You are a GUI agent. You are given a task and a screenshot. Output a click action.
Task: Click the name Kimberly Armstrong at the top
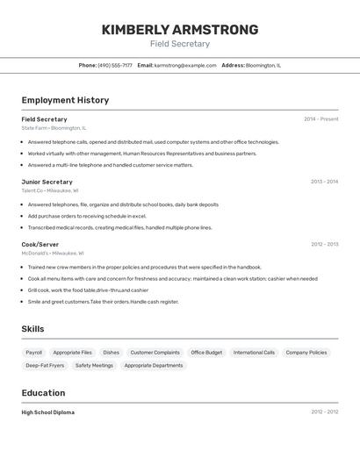[x=180, y=30]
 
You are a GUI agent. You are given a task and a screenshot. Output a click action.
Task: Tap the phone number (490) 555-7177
[x=115, y=65]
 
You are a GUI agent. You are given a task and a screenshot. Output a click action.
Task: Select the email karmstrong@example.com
[x=185, y=65]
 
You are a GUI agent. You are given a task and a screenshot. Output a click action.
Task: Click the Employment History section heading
[x=65, y=100]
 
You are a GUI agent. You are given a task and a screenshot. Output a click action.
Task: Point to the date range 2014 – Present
[x=320, y=119]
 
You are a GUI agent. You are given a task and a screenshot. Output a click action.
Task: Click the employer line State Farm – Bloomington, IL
[x=54, y=128]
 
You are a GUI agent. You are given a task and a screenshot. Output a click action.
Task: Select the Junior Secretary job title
[x=47, y=182]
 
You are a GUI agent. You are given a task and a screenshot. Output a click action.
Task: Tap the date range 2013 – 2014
[x=324, y=182]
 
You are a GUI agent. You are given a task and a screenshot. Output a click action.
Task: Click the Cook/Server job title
[x=40, y=245]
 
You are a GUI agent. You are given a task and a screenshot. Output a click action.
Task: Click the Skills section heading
[x=32, y=329]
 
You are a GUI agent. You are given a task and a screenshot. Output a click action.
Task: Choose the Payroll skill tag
[x=34, y=352]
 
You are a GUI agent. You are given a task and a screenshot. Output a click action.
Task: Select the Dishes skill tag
[x=112, y=352]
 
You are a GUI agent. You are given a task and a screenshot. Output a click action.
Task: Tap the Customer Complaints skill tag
[x=155, y=352]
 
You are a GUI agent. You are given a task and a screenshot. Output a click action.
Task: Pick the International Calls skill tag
[x=254, y=352]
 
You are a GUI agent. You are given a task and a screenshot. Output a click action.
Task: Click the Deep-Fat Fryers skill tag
[x=45, y=365]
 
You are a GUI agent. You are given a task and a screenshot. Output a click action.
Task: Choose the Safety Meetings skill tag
[x=94, y=365]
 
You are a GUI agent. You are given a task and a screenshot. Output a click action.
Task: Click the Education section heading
[x=43, y=393]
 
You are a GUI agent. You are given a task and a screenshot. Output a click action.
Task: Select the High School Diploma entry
[x=47, y=412]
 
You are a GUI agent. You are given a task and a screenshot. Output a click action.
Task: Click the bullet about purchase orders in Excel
[x=87, y=216]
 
